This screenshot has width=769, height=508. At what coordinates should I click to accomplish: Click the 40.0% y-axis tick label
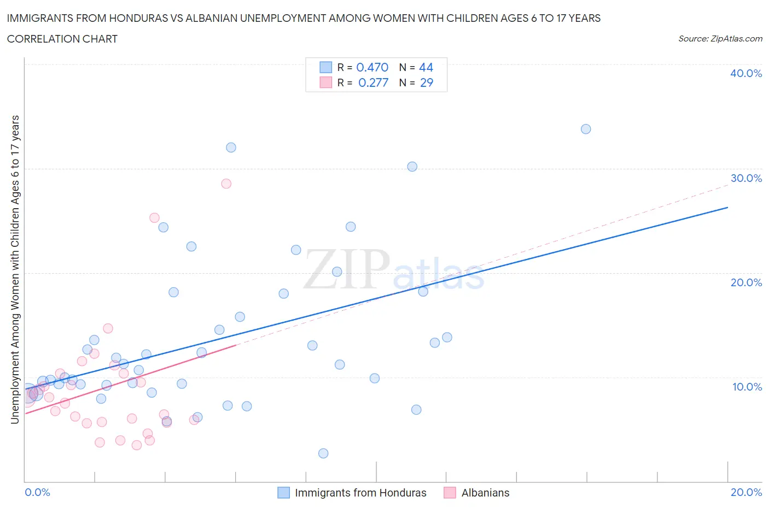[745, 73]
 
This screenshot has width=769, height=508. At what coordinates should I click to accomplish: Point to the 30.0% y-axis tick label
[745, 178]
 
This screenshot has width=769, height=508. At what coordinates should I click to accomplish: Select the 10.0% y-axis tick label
[747, 387]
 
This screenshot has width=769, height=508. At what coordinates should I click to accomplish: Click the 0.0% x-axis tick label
[37, 492]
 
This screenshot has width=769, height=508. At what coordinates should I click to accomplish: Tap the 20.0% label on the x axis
[746, 492]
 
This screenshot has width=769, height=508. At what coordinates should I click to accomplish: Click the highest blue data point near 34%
[586, 129]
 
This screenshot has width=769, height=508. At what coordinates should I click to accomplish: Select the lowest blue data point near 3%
[323, 453]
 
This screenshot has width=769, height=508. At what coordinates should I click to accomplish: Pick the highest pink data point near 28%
[226, 184]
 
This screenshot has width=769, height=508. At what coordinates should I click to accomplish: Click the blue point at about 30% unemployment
[412, 167]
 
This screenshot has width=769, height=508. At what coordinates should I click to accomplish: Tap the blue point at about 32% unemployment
[231, 147]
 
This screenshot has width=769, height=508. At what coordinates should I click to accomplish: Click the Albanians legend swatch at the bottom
[450, 493]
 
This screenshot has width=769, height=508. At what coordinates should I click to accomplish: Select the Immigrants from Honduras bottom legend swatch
[283, 493]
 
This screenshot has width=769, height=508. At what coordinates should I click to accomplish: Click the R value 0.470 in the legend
[372, 67]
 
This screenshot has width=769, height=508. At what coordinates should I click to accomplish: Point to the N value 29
[426, 82]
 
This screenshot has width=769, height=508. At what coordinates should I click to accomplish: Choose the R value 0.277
[373, 82]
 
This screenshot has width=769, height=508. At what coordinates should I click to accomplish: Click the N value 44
[426, 67]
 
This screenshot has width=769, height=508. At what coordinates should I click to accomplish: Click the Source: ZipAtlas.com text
[720, 38]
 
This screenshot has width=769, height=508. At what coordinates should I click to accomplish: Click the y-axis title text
[15, 269]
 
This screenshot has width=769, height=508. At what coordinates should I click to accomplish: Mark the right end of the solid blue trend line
[727, 208]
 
